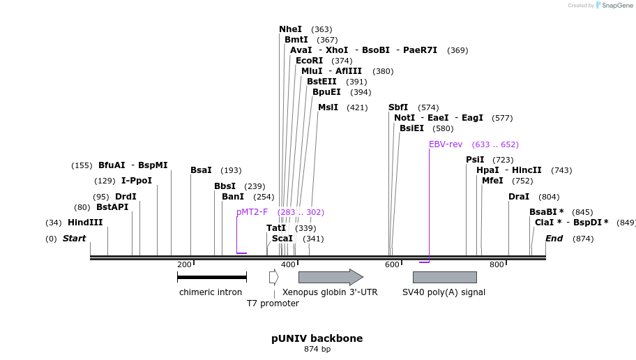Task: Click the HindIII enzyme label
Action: coord(85,223)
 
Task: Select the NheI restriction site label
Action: coord(290,29)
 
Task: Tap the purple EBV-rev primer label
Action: coord(446,144)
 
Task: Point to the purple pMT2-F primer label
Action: coord(252,212)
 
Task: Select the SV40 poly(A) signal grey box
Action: coord(444,277)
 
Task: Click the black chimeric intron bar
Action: coord(212,277)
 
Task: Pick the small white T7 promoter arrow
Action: coord(273,277)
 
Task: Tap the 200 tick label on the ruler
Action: coord(184,264)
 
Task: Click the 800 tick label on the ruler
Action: coord(497,264)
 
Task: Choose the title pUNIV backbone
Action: coord(317,338)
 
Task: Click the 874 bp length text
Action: coord(317,349)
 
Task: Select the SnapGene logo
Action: coord(614,6)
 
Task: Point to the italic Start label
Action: coord(74,239)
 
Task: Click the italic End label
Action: coord(554,239)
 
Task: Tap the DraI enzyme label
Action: coord(519,197)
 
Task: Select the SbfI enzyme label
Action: coord(398,107)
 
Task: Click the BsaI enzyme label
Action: coord(201,170)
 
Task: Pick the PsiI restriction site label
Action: coord(475,160)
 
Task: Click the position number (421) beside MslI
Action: coord(357,107)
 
